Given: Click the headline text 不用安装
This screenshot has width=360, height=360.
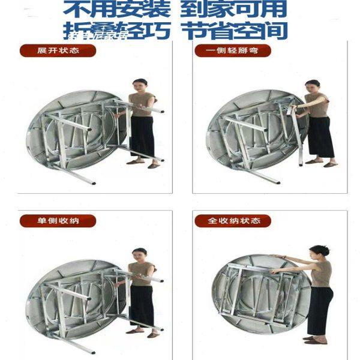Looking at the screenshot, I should click(110, 10).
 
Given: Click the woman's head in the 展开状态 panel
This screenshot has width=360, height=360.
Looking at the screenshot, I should click(139, 84).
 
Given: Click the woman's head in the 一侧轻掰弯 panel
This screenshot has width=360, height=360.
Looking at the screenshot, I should click(313, 85).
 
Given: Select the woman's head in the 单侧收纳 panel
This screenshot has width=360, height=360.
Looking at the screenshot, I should click(139, 254).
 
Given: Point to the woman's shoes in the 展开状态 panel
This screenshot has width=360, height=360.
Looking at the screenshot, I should click(144, 163).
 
